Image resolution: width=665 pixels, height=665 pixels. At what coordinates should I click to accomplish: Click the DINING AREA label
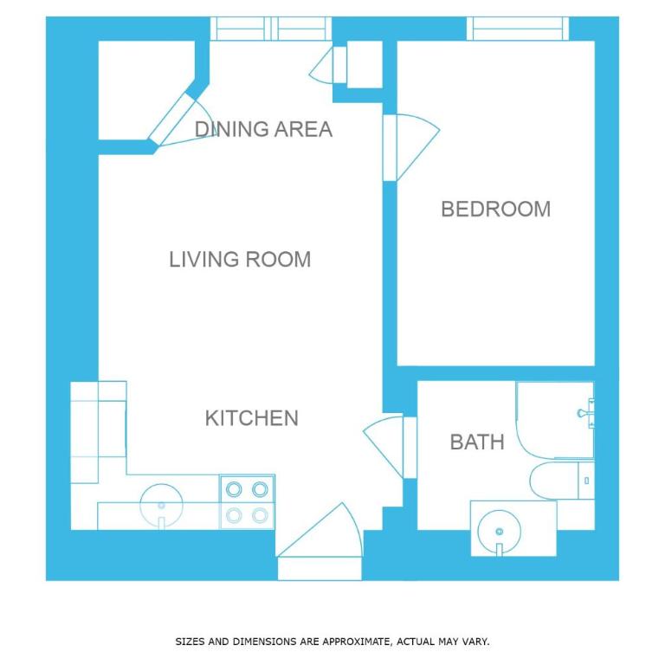click(263, 129)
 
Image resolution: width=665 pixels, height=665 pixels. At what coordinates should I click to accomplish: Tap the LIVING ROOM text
click(240, 260)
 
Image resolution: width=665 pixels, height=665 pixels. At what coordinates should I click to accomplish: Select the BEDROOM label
click(496, 209)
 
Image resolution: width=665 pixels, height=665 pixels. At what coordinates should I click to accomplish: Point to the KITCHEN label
click(252, 418)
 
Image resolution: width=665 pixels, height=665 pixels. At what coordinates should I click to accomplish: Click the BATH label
click(477, 442)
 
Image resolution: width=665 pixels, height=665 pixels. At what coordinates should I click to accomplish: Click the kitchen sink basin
click(161, 506)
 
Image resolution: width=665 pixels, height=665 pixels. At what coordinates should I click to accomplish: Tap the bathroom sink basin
click(499, 533)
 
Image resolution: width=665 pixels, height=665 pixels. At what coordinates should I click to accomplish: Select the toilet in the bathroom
click(562, 481)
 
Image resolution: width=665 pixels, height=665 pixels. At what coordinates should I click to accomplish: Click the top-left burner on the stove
click(234, 489)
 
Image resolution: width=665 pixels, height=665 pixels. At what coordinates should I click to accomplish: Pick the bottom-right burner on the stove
click(260, 516)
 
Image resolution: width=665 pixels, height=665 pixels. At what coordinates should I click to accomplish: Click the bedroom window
click(518, 29)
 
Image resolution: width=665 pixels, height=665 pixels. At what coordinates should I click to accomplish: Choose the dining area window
click(271, 29)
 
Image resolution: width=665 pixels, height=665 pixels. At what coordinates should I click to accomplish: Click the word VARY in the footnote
click(475, 642)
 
